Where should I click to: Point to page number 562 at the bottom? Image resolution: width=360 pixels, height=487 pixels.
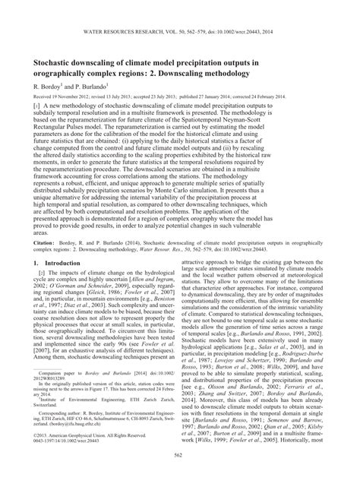(179, 476)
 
